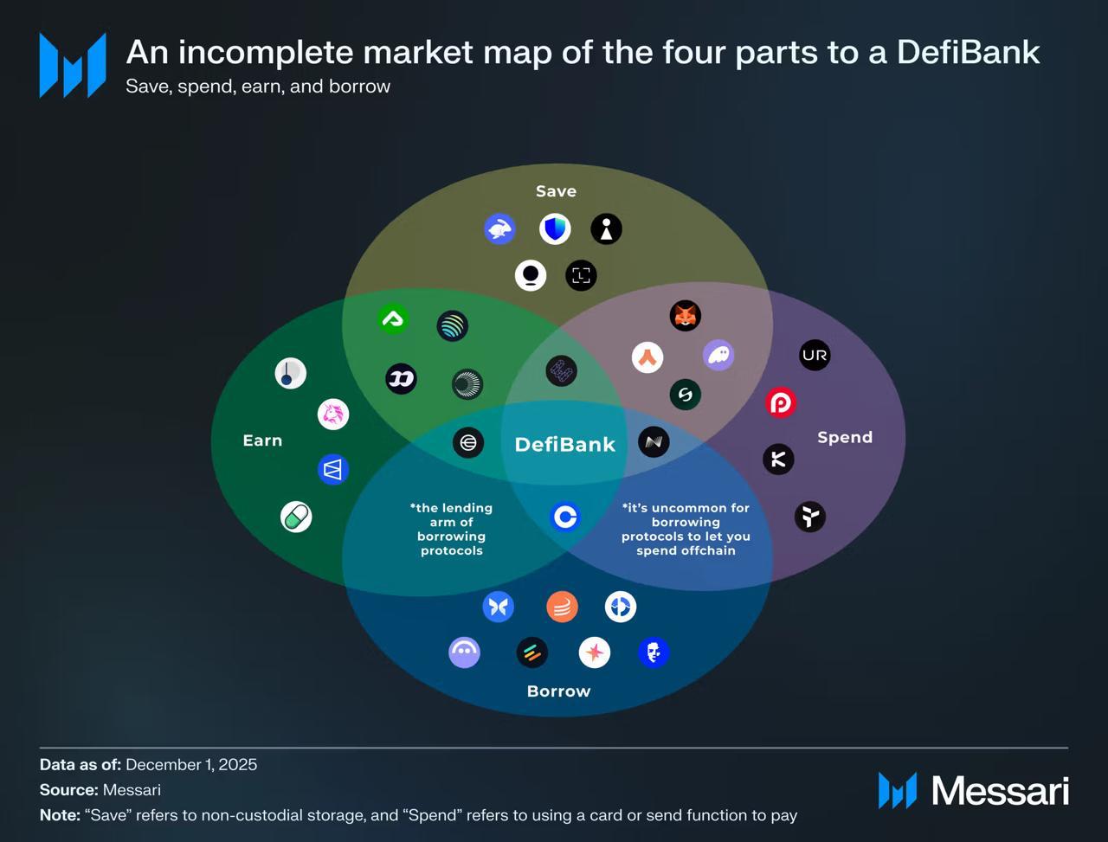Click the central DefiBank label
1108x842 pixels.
click(564, 444)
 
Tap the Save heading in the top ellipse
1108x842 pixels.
click(556, 191)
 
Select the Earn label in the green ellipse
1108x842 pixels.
click(262, 440)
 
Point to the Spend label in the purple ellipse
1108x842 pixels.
click(844, 437)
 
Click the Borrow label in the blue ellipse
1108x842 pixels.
click(558, 691)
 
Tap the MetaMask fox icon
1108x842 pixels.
click(685, 316)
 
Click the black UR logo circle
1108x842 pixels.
click(814, 355)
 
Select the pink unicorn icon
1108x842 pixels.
click(333, 415)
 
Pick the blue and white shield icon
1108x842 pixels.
click(555, 229)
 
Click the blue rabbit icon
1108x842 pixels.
click(499, 229)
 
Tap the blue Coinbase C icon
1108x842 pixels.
click(564, 517)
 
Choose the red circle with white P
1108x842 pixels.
click(780, 402)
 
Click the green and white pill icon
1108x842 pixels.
click(296, 517)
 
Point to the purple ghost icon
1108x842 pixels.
click(718, 355)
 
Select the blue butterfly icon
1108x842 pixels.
click(498, 607)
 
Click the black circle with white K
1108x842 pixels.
click(777, 460)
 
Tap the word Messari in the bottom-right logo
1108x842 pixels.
click(1000, 791)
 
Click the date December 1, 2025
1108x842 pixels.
click(191, 765)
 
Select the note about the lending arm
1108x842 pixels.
click(451, 529)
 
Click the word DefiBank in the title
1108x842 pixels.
click(968, 53)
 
